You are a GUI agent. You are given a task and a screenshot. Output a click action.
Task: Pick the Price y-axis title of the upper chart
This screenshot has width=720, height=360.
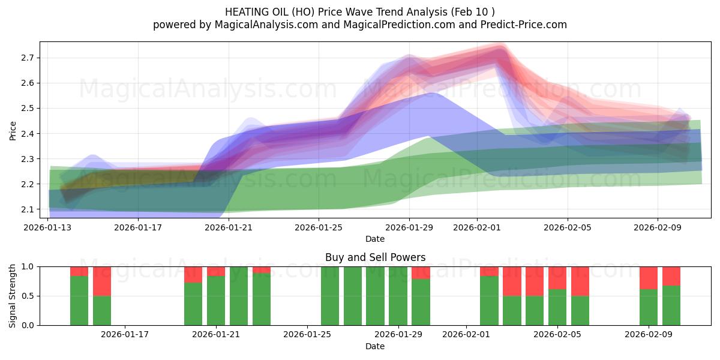[x=13, y=130]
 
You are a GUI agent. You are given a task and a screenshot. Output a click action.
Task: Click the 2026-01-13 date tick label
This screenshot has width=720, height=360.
[x=48, y=227]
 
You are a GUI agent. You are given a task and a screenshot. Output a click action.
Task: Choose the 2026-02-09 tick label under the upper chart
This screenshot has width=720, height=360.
[x=658, y=227]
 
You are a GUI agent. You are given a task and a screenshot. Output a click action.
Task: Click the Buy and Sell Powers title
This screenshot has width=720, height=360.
[x=375, y=257]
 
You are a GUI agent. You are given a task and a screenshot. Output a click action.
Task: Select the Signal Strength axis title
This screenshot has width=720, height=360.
[x=13, y=295]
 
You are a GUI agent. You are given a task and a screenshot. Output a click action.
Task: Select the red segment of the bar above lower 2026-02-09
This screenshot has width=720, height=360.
[x=649, y=278]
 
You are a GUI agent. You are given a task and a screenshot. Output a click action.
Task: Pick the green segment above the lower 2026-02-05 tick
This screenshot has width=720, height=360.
[x=557, y=307]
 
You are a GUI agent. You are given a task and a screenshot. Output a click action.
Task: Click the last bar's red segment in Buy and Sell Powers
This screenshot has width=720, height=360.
[x=671, y=276]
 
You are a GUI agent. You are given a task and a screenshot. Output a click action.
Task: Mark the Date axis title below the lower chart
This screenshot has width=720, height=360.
[x=375, y=346]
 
